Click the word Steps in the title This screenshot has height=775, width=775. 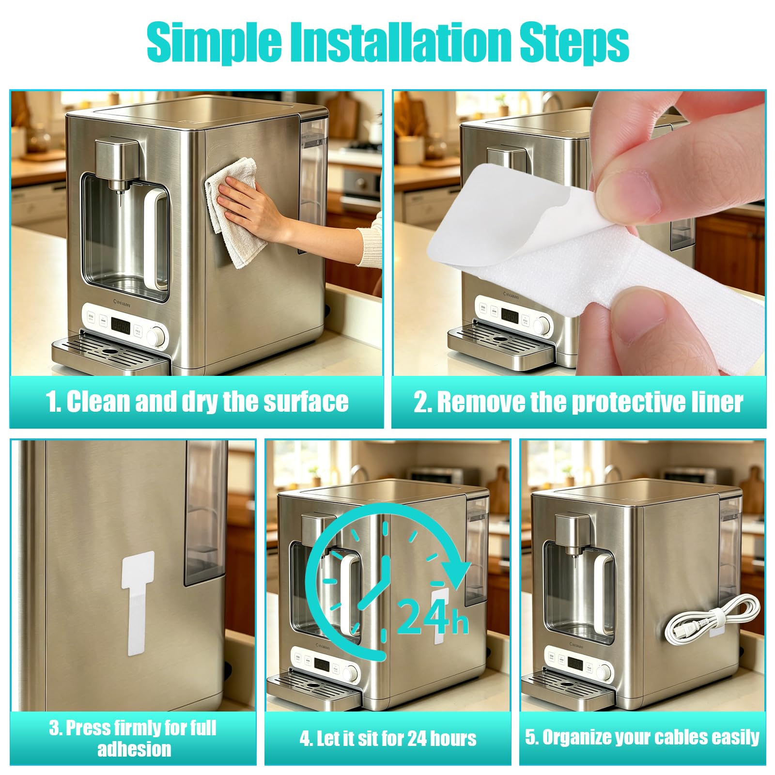pyautogui.click(x=574, y=44)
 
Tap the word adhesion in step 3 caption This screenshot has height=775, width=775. pyautogui.click(x=134, y=749)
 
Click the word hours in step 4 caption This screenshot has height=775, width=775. pyautogui.click(x=453, y=739)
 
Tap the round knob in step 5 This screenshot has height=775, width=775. pyautogui.click(x=604, y=672)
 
